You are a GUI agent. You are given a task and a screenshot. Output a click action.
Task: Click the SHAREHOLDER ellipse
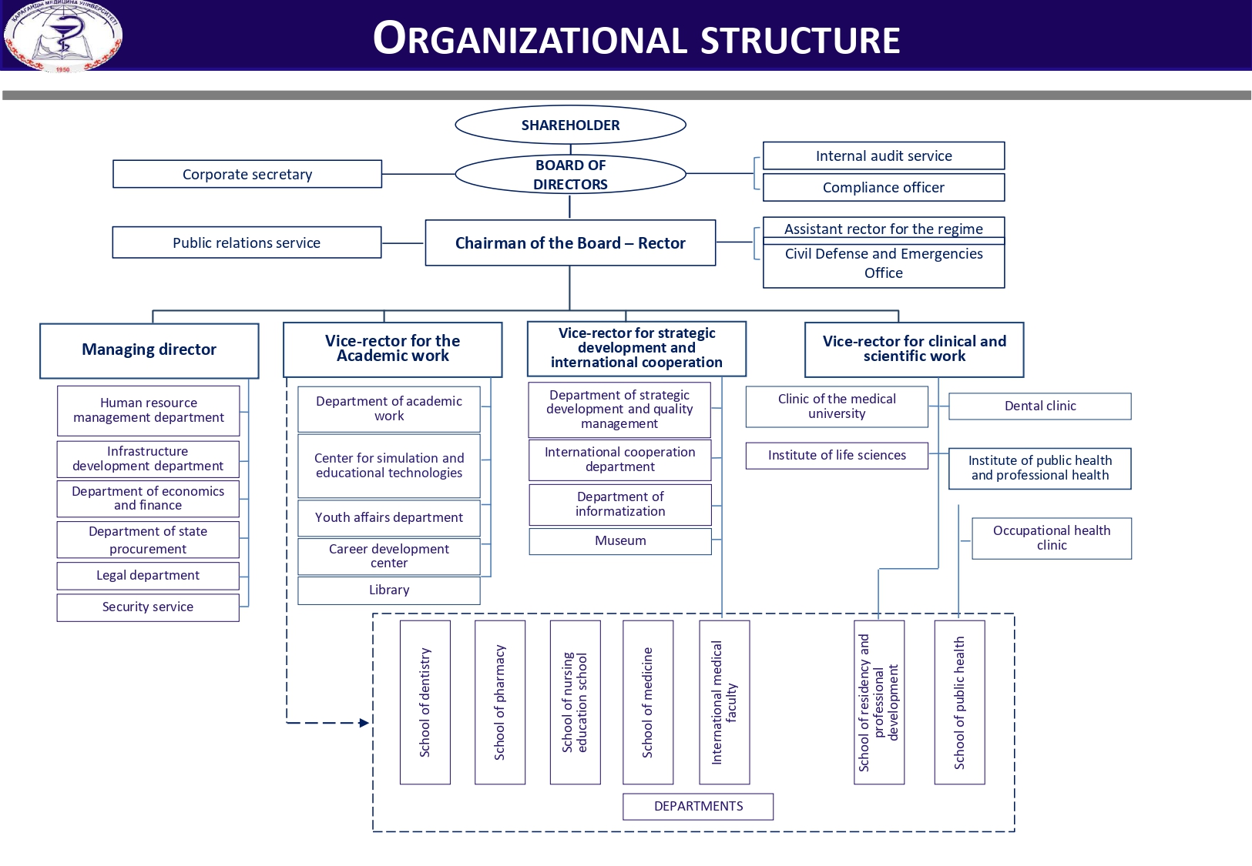(570, 125)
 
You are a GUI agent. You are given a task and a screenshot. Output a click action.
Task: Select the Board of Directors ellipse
(570, 175)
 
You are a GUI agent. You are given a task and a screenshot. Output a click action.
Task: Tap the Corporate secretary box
(247, 174)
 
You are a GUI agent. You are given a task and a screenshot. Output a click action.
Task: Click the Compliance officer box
(884, 187)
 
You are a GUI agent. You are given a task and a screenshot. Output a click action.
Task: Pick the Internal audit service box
(884, 155)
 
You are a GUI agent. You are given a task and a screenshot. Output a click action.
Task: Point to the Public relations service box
(247, 242)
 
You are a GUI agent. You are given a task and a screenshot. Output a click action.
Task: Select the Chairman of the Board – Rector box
(570, 243)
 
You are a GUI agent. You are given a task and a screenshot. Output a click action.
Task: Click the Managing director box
(149, 350)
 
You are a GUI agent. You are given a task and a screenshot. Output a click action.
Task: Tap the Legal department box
(148, 576)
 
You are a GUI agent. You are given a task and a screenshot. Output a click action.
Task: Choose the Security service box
(148, 607)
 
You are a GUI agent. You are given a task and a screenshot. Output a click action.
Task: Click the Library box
(389, 590)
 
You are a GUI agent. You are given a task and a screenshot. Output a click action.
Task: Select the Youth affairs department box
(389, 518)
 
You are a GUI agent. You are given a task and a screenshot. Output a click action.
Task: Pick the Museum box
(620, 541)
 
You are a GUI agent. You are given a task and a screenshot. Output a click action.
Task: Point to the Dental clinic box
(1040, 406)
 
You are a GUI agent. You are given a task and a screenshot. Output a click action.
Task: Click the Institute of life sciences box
(837, 456)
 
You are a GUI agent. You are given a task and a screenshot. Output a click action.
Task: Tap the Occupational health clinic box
(1052, 538)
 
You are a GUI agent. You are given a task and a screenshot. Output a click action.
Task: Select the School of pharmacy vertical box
(500, 702)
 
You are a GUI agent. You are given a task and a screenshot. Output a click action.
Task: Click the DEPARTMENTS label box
(698, 807)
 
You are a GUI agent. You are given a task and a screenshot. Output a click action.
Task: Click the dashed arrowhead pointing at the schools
(364, 723)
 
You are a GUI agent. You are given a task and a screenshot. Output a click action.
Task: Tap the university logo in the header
(63, 36)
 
